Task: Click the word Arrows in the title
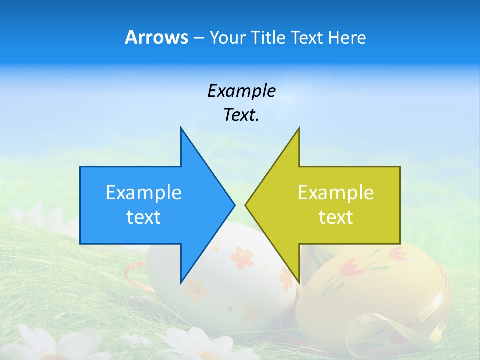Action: pos(156,37)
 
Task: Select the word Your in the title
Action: pos(225,38)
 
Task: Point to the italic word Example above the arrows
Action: pos(241,91)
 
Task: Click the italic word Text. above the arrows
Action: pos(241,115)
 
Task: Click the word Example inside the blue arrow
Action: pos(144,193)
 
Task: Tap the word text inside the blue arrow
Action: pos(144,217)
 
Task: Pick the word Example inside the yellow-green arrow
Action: pos(336,193)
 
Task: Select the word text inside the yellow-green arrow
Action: pos(336,217)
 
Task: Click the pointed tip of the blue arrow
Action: pos(233,205)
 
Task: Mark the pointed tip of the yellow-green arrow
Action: pos(246,205)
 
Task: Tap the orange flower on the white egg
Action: pos(242,257)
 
